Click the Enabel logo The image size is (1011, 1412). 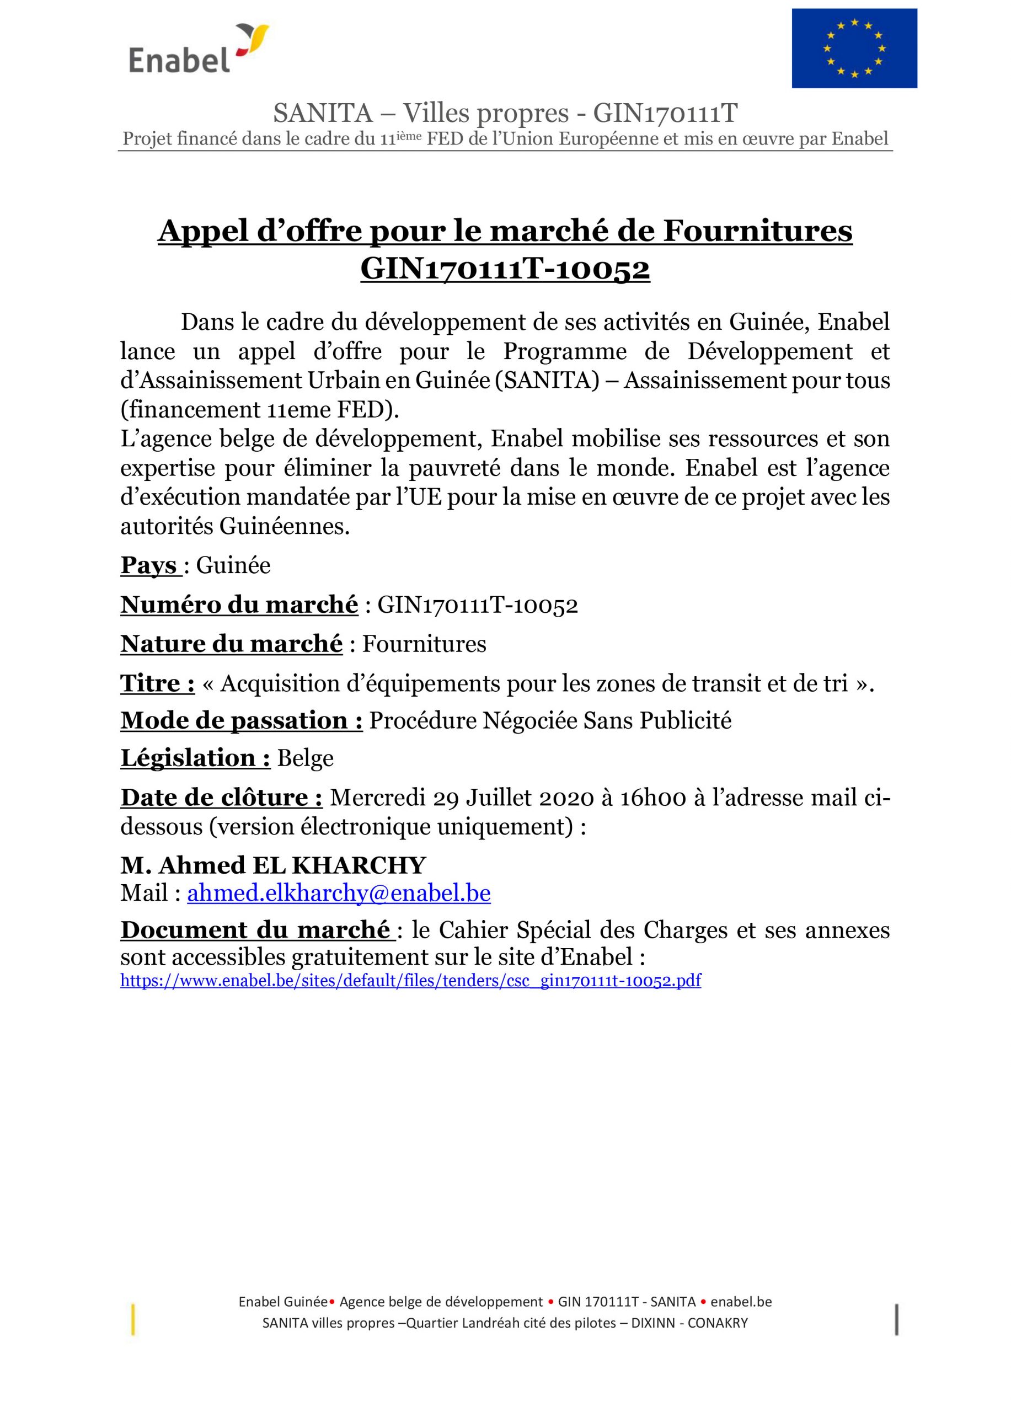pos(198,50)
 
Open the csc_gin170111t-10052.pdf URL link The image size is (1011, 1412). pos(410,981)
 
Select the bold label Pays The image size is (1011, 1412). pos(149,565)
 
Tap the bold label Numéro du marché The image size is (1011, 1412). pos(239,605)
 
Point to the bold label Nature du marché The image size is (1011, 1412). pos(231,644)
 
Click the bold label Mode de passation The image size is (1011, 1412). pos(241,720)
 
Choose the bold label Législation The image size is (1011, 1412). pos(195,758)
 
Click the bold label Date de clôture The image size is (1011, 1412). pos(221,798)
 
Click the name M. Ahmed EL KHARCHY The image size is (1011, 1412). pos(272,865)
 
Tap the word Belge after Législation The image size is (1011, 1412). pos(305,758)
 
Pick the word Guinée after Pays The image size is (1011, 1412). pos(233,565)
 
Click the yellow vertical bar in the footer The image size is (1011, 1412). pos(133,1320)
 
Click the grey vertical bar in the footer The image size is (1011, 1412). pos(896,1320)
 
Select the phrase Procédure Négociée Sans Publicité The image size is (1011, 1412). pos(550,720)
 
